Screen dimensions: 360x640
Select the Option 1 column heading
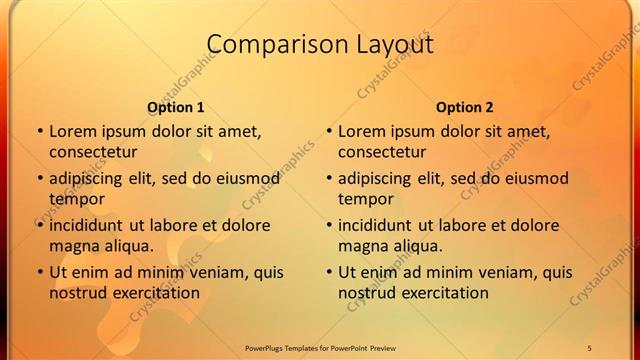pos(176,107)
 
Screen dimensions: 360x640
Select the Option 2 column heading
pos(465,107)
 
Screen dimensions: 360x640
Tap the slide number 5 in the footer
pos(590,347)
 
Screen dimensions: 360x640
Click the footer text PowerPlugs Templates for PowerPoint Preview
pos(320,347)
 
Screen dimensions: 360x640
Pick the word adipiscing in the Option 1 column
pos(89,179)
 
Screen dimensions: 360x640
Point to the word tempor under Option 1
pos(75,198)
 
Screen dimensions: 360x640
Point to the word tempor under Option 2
pos(364,198)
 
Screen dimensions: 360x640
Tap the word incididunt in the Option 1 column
pos(89,225)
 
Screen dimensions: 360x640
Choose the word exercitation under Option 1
pos(153,293)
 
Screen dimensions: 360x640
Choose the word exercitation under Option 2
pos(442,293)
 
